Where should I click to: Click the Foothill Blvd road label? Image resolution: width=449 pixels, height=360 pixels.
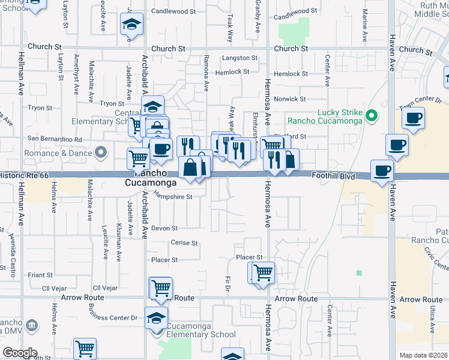pyautogui.click(x=333, y=176)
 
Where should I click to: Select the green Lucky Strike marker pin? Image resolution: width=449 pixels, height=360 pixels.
pyautogui.click(x=373, y=115)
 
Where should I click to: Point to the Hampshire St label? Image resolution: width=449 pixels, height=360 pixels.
pyautogui.click(x=173, y=196)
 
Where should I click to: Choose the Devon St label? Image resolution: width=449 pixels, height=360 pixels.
pyautogui.click(x=164, y=228)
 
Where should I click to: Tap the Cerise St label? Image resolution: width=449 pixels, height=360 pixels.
pyautogui.click(x=184, y=243)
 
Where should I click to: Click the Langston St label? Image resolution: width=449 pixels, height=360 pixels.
pyautogui.click(x=240, y=58)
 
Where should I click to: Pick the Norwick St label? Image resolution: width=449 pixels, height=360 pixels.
pyautogui.click(x=290, y=99)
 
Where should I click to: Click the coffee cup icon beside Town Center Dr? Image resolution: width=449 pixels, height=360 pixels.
pyautogui.click(x=412, y=118)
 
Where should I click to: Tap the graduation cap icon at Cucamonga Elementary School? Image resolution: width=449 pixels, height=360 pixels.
pyautogui.click(x=156, y=317)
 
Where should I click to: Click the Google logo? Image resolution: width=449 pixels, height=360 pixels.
pyautogui.click(x=19, y=353)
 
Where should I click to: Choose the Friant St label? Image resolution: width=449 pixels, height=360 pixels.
pyautogui.click(x=40, y=275)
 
